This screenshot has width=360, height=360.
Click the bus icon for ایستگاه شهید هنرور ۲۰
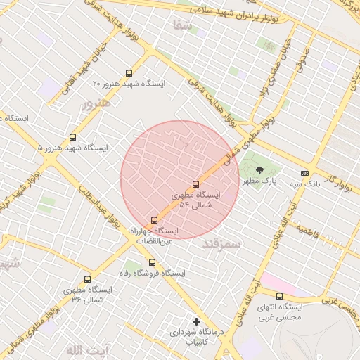[128, 73]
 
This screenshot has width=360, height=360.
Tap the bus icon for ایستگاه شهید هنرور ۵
[73, 138]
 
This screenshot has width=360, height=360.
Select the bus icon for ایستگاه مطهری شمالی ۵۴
[195, 185]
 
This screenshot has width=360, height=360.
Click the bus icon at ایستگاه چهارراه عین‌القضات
[155, 221]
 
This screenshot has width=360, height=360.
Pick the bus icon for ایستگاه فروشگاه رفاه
[152, 262]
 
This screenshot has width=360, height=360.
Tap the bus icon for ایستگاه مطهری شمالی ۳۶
[87, 280]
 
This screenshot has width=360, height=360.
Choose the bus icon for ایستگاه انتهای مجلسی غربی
[279, 297]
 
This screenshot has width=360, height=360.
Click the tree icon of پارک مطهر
[259, 170]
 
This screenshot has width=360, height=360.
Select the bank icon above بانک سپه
[304, 173]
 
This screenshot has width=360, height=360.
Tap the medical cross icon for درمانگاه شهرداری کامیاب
[196, 321]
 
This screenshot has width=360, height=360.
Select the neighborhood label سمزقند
[221, 243]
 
